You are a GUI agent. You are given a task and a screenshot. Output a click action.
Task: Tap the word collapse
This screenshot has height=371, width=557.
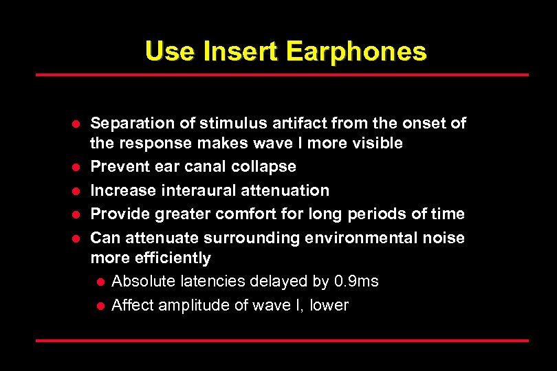[264, 167]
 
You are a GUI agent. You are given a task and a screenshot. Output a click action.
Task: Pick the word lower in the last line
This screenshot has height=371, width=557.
[329, 305]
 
